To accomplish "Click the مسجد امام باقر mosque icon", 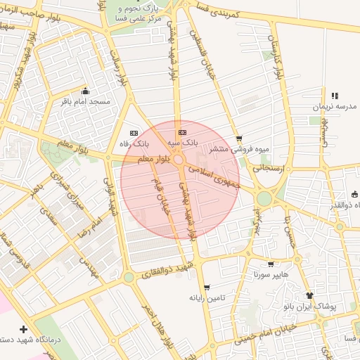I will pos(86,91).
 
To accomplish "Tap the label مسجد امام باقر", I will pos(86,102).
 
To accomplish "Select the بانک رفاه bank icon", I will pos(134,133).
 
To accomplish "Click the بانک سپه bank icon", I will pos(183,132).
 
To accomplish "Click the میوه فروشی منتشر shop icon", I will pos(240,139).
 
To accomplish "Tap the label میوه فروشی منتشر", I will pos(240,149).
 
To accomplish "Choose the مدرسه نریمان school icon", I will pos(335,96).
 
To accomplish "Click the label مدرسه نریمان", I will pos(335,107).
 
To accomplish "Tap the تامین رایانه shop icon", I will pos(207,287).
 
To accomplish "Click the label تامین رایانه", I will pos(207,298).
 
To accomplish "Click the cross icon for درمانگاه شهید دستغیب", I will pos(24,329).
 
